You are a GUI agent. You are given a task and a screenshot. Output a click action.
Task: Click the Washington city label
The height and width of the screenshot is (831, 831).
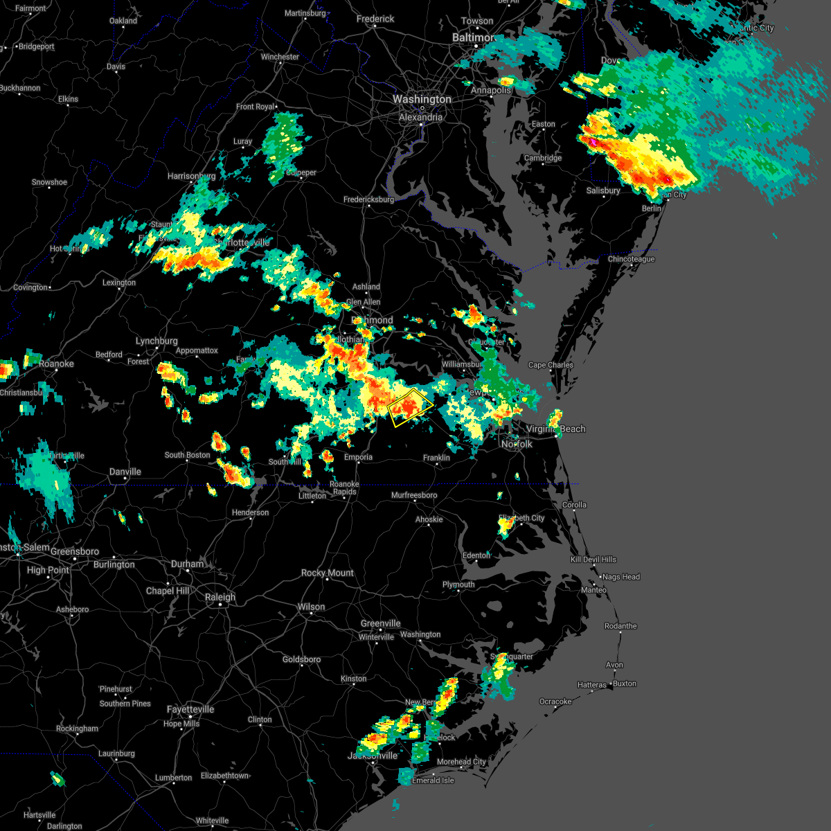[422, 100]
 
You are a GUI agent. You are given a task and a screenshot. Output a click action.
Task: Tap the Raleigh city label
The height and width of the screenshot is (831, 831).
[220, 597]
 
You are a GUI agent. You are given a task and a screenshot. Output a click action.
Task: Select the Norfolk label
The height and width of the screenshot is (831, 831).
[517, 444]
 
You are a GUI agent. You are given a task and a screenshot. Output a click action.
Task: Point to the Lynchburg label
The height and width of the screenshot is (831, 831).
[157, 341]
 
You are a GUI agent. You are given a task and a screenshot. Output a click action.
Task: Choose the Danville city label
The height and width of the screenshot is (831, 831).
[125, 472]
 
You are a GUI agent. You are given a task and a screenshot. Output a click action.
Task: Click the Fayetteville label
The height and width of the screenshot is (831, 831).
[190, 710]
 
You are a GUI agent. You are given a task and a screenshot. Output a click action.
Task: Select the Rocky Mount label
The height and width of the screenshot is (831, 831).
[327, 573]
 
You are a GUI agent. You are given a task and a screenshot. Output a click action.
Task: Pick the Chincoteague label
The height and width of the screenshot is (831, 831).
[631, 259]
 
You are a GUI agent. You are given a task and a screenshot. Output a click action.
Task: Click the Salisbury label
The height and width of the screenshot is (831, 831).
[603, 191]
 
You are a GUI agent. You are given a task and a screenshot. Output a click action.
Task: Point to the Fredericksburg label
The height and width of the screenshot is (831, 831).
[368, 200]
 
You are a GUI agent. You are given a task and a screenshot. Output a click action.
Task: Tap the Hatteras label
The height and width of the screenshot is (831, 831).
[592, 685]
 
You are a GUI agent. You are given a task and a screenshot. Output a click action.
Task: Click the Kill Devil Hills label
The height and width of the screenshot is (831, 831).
[593, 560]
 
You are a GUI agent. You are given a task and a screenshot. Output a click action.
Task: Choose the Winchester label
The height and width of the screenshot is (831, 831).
[280, 57]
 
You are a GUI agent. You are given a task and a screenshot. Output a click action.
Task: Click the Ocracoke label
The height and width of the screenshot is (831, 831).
[555, 702]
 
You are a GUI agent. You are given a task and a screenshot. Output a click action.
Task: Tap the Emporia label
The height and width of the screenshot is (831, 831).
[358, 457]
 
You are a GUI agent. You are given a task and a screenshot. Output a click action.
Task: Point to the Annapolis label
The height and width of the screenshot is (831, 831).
[491, 91]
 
